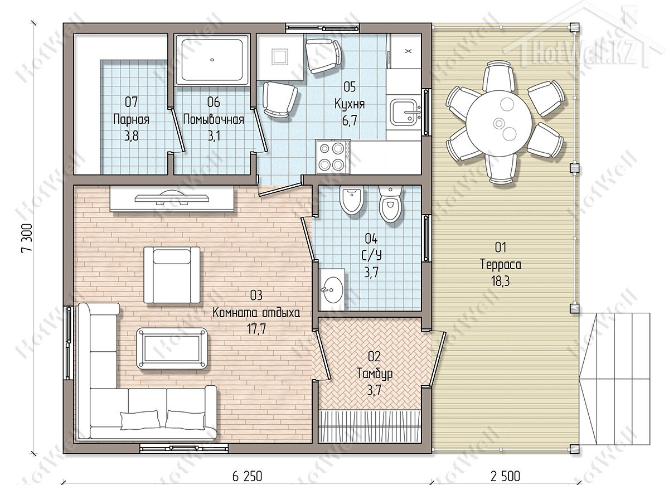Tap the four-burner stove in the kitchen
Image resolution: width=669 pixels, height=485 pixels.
tap(333, 157)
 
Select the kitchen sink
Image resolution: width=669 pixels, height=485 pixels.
tap(405, 112)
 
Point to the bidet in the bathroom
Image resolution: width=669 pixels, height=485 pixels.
tap(352, 200)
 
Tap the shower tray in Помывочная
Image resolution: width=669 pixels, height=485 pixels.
tap(212, 60)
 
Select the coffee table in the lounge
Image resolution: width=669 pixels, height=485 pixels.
tap(172, 349)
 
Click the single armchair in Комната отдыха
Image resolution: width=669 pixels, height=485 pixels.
tap(172, 275)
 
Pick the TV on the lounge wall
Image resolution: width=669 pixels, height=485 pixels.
tap(172, 198)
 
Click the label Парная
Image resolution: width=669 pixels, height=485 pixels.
tap(131, 120)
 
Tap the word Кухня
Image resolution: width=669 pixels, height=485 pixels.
tap(350, 104)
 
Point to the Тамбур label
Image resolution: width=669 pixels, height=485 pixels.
tap(375, 374)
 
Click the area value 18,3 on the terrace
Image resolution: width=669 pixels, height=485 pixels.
tap(500, 281)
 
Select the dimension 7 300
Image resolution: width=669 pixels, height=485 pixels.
tap(27, 238)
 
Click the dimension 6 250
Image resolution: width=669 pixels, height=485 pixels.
tap(247, 476)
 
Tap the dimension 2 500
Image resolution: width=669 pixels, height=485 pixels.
tap(505, 476)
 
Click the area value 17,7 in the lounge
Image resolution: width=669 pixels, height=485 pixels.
tap(256, 329)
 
